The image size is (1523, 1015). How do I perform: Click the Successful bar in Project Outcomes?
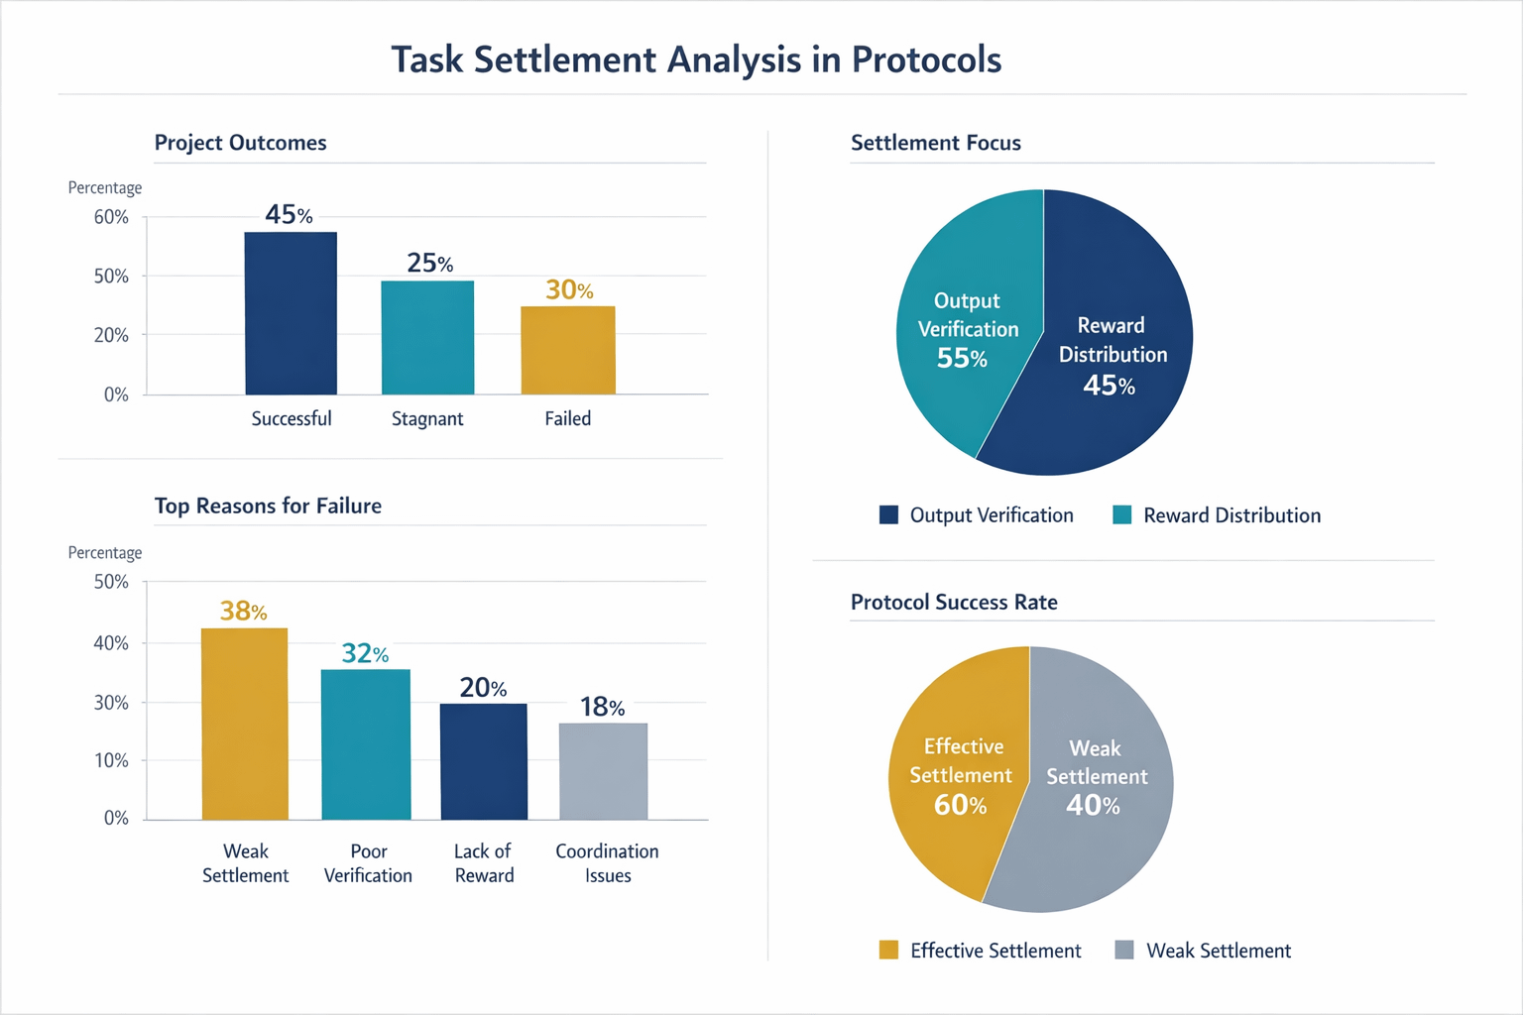[x=291, y=313]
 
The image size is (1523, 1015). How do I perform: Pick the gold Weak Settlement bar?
[x=245, y=724]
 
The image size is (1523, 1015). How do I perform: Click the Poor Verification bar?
[x=366, y=744]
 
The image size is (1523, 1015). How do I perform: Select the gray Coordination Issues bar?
[x=603, y=771]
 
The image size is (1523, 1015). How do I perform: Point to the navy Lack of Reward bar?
[x=484, y=761]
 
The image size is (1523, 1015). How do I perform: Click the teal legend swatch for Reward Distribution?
[x=1122, y=514]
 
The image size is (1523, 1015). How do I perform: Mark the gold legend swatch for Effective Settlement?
[x=888, y=950]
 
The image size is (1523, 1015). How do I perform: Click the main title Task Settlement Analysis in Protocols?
[x=696, y=59]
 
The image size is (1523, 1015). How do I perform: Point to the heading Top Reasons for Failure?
[x=268, y=506]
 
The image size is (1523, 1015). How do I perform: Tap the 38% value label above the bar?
[x=243, y=611]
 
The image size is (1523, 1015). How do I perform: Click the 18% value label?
[x=603, y=707]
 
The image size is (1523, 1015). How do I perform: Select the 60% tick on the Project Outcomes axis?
[x=111, y=217]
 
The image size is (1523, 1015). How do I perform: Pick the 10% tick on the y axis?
[x=111, y=760]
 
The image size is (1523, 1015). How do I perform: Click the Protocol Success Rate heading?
[x=954, y=602]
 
